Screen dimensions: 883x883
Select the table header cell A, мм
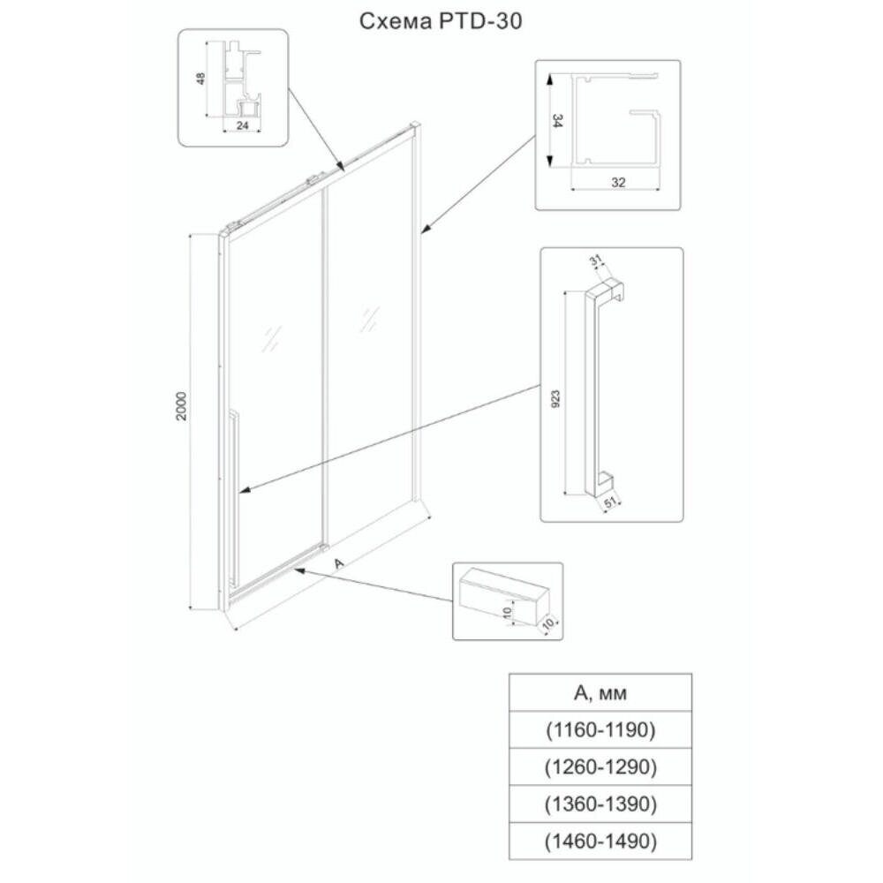[x=600, y=693]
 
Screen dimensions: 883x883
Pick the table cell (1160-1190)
[x=600, y=730]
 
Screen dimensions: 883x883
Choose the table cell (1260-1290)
[x=600, y=766]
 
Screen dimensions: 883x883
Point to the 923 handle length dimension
[x=556, y=397]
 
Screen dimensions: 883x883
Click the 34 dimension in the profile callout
[x=556, y=121]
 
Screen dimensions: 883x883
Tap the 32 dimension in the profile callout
[x=617, y=182]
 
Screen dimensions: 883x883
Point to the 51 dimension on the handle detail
[x=609, y=503]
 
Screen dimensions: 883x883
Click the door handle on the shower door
[x=233, y=494]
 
